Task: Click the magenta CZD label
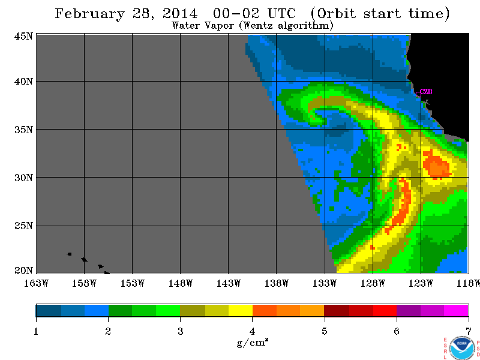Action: click(x=426, y=92)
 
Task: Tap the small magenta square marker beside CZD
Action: click(x=418, y=95)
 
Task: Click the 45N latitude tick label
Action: click(x=23, y=36)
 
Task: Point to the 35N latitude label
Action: click(x=23, y=130)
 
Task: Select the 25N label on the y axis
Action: click(x=23, y=226)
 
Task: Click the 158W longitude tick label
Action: click(x=84, y=283)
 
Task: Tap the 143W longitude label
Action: click(x=229, y=283)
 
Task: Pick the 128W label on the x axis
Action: click(x=373, y=283)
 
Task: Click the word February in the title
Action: click(x=89, y=14)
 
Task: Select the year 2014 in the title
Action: click(x=179, y=13)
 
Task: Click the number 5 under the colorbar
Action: click(x=324, y=331)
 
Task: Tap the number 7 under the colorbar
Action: click(x=468, y=331)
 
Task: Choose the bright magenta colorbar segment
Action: click(x=456, y=310)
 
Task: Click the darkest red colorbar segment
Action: click(x=337, y=310)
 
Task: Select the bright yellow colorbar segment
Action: click(x=241, y=310)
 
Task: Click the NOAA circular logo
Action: click(x=461, y=348)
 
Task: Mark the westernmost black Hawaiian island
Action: click(x=70, y=254)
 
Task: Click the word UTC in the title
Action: click(x=282, y=13)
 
